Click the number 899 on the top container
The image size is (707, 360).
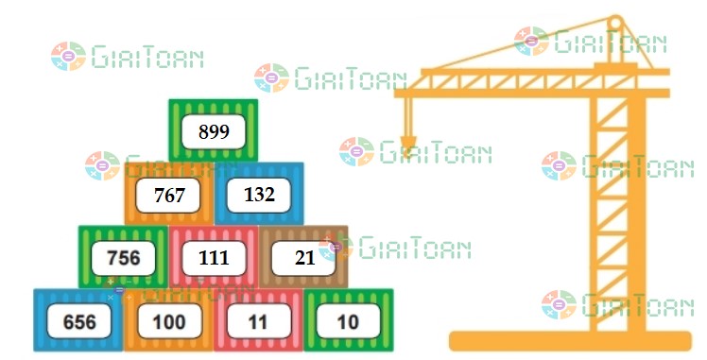(x=214, y=131)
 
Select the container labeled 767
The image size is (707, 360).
(x=168, y=196)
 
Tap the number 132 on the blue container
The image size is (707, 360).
(x=259, y=196)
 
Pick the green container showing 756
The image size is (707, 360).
(x=124, y=258)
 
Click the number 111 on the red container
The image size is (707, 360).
(x=214, y=258)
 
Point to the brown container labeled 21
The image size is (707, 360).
(x=303, y=258)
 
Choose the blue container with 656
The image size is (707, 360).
(x=79, y=322)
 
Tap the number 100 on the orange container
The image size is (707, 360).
(x=169, y=322)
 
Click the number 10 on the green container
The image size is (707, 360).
(x=348, y=322)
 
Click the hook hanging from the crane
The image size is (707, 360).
(x=408, y=144)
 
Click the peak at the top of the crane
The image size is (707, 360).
(x=616, y=21)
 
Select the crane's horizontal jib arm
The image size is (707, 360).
(x=529, y=91)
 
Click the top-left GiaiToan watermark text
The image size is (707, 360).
(x=146, y=58)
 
